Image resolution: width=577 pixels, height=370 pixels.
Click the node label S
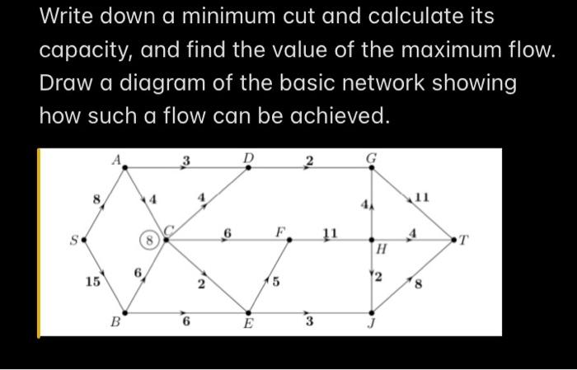[73, 240]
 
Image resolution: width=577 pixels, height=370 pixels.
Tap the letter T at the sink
[464, 241]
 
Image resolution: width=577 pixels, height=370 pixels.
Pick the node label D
[248, 157]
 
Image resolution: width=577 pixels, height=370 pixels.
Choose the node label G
[372, 157]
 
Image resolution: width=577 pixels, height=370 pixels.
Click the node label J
[372, 324]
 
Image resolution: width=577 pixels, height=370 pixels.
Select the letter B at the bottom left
[115, 324]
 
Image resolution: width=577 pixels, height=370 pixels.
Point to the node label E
[248, 325]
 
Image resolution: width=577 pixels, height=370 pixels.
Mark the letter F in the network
[280, 232]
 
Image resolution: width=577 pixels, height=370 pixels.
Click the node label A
[117, 158]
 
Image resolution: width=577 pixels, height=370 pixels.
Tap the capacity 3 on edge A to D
[186, 159]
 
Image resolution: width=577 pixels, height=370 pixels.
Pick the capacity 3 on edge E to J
[310, 322]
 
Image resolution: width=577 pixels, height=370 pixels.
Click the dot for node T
[453, 240]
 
